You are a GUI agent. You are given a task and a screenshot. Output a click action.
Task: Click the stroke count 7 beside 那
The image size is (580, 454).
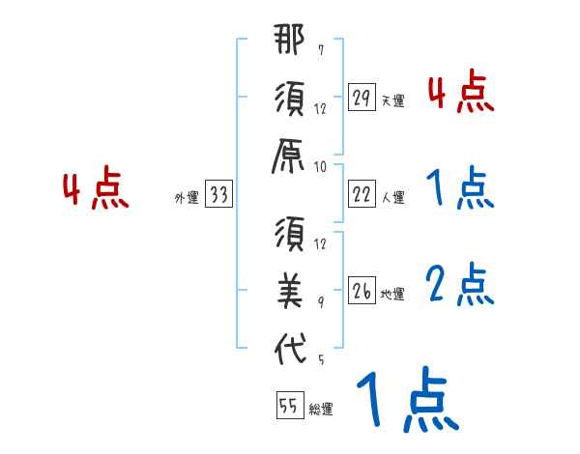[x=320, y=49]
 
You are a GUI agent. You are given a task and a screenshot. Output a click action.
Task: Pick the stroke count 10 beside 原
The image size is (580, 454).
[x=320, y=166]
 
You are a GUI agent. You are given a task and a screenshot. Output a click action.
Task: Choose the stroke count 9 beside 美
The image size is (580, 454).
[x=320, y=303]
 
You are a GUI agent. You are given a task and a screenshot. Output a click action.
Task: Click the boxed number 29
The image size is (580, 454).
[x=362, y=97]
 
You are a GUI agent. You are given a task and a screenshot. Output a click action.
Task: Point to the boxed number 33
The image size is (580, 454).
[x=218, y=196]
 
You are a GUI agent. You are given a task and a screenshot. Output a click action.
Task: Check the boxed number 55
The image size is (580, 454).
[x=288, y=407]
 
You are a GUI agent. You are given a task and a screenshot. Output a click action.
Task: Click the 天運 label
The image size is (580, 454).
[x=392, y=99]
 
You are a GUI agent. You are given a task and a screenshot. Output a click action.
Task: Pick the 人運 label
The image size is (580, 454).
[x=392, y=197]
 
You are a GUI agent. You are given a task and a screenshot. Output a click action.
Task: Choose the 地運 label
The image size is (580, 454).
[x=392, y=294]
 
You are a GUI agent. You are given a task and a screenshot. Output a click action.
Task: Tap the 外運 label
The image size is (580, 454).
[x=186, y=199]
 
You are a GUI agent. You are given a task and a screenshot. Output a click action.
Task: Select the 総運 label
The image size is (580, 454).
[x=320, y=410]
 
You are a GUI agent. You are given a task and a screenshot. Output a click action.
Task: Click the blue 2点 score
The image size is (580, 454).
[x=459, y=284]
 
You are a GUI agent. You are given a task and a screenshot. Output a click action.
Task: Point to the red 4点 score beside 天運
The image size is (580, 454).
[x=459, y=92]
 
